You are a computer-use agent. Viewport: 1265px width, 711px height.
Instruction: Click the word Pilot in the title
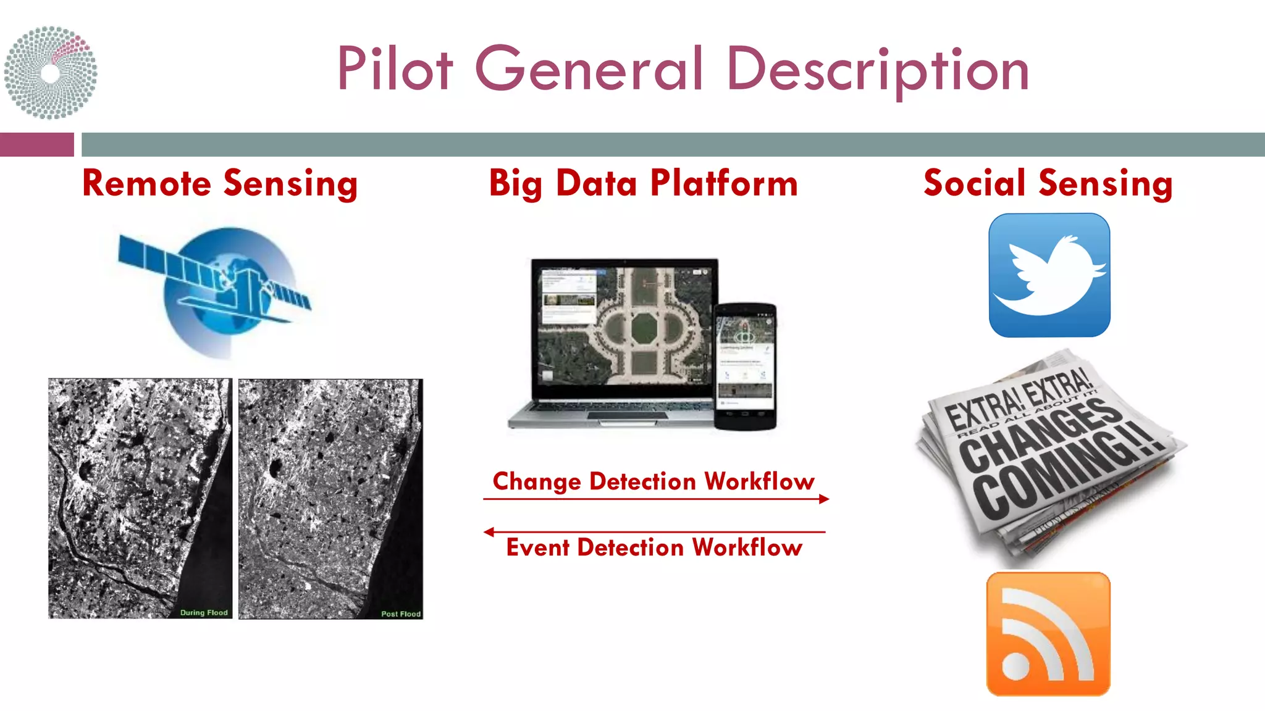395,69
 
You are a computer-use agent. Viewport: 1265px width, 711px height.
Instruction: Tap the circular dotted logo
51,72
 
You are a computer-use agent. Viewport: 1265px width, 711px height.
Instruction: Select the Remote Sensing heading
220,184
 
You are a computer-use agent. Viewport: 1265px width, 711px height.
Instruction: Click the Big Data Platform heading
643,184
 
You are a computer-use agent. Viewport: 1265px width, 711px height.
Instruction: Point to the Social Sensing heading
1048,184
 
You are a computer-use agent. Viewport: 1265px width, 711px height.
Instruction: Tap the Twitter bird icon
1049,275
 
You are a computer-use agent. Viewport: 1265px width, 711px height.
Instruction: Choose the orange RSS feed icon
1048,634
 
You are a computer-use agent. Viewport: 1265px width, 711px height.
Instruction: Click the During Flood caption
204,613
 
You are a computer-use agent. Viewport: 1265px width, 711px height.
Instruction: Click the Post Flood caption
401,614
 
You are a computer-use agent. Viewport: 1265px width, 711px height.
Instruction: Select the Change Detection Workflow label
654,481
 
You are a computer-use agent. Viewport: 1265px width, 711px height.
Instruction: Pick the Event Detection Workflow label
654,547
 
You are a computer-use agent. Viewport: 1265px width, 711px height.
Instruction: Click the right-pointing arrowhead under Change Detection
824,499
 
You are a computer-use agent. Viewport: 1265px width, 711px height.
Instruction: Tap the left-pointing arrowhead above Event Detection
489,532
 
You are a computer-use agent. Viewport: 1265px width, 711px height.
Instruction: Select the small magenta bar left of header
36,144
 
